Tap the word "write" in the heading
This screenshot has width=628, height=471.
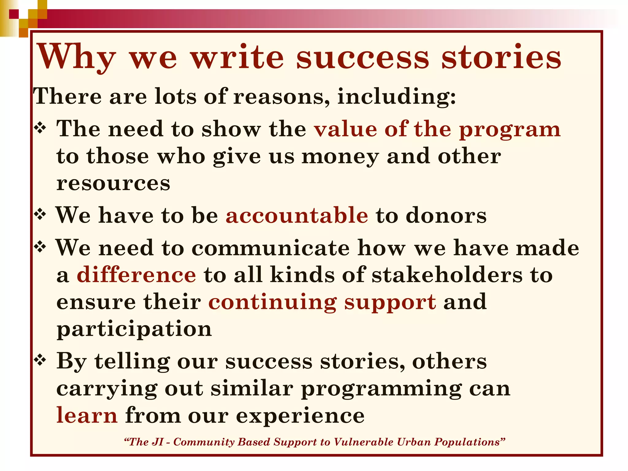(x=238, y=57)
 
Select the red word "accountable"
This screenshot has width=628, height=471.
(x=297, y=215)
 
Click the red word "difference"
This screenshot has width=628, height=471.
(x=136, y=274)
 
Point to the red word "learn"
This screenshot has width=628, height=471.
(x=87, y=415)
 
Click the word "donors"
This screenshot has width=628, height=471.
(x=446, y=215)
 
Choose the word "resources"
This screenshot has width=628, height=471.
(x=113, y=183)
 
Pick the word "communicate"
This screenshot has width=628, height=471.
(x=270, y=247)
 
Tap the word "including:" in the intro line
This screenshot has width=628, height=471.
(x=396, y=97)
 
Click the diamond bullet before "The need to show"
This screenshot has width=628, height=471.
(x=40, y=128)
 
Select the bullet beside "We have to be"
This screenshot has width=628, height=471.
(x=40, y=214)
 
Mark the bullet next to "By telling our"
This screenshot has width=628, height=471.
(x=40, y=359)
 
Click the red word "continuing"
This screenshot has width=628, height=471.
(x=272, y=302)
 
